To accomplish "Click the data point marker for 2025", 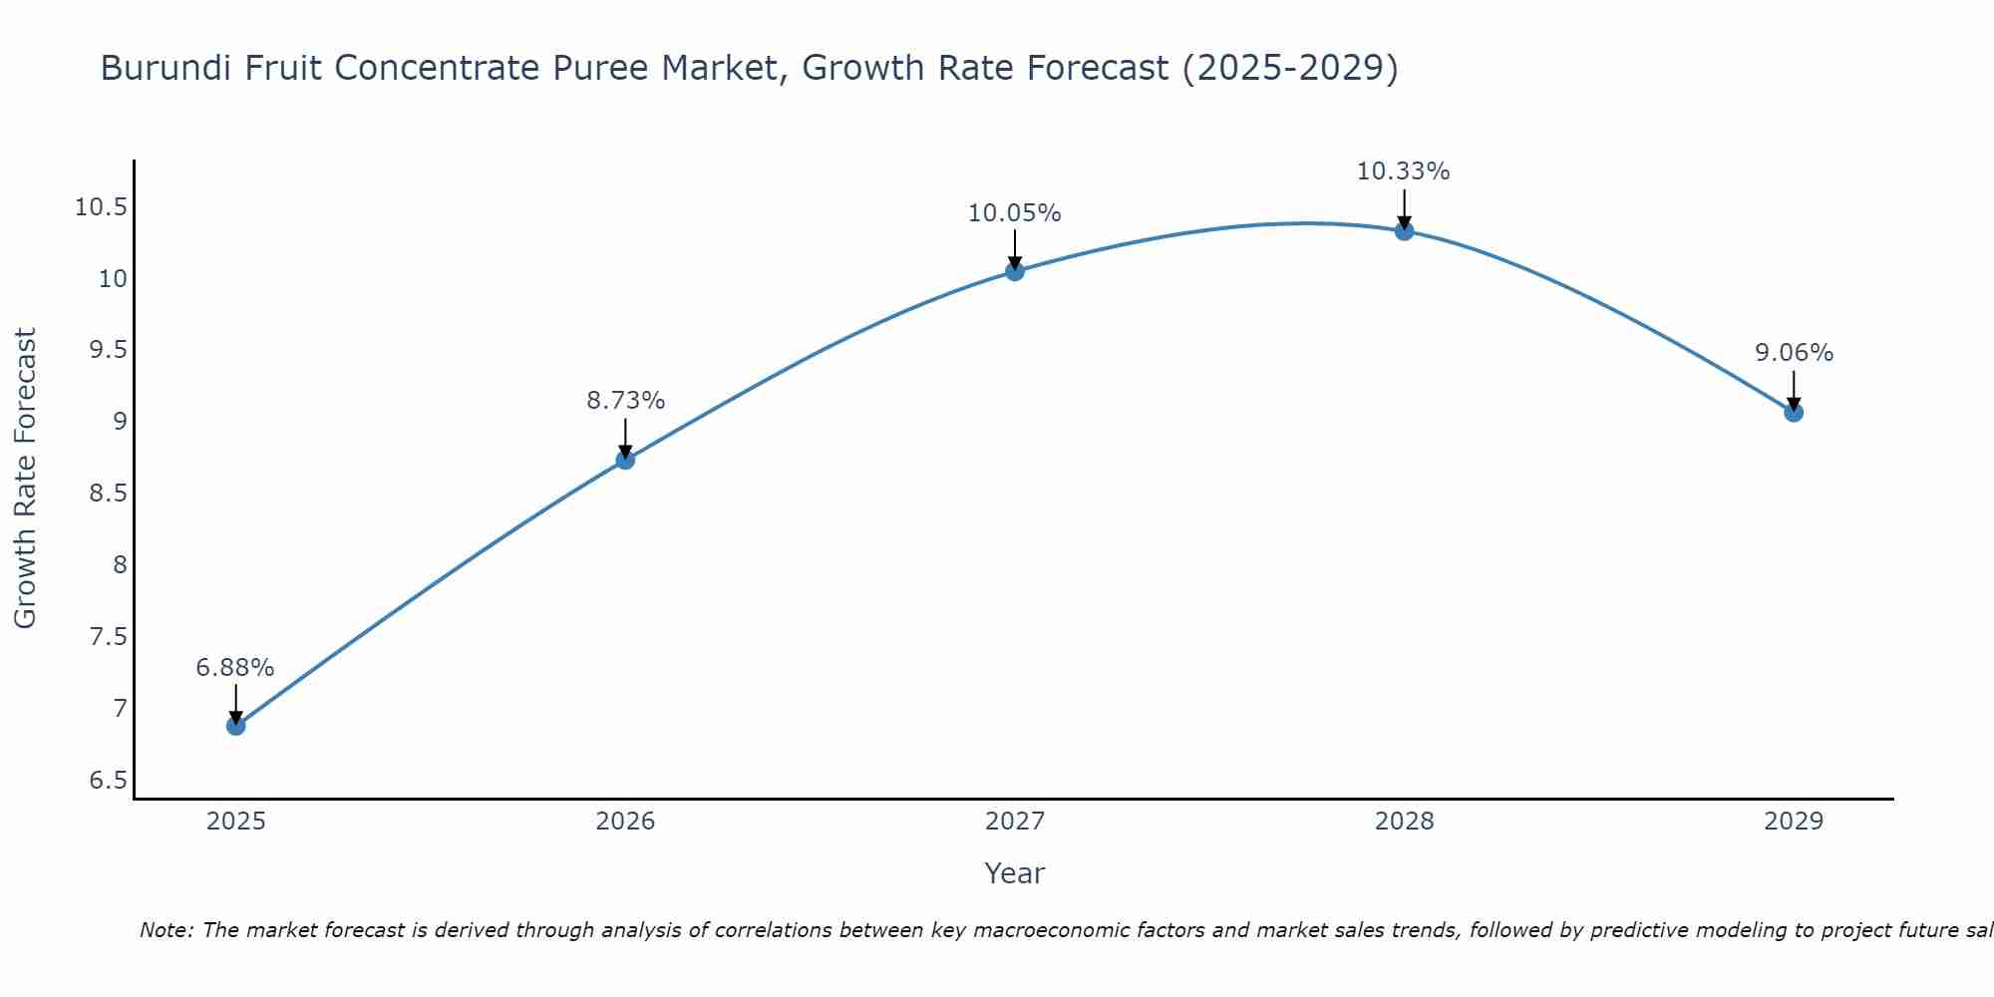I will point(236,725).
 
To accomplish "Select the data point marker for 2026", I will point(625,460).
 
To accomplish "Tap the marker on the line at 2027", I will point(1015,270).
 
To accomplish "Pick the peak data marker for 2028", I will point(1404,230).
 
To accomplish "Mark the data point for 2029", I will point(1794,412).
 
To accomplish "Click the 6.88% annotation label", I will point(235,668).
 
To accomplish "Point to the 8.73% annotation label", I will point(625,401).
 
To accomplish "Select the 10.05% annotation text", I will point(1015,213).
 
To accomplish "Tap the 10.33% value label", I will point(1403,171).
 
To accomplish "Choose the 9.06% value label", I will point(1794,353).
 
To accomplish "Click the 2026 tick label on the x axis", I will point(625,822).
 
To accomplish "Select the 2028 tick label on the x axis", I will point(1404,822).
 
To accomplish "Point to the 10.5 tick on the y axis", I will point(102,207).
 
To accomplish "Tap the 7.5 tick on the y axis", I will point(109,636).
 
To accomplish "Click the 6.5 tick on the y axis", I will point(109,780).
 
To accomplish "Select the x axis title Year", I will point(1014,873).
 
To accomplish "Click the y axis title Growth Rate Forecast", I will point(25,478).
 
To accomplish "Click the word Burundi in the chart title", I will point(163,68).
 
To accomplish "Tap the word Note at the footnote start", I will point(166,930).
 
